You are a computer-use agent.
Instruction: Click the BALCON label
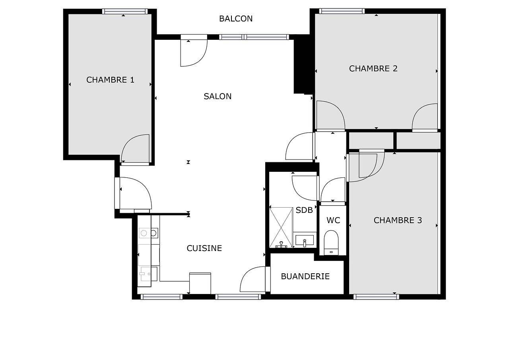(x=236, y=19)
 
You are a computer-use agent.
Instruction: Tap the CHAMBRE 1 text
(x=110, y=80)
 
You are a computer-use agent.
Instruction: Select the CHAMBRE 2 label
(x=373, y=68)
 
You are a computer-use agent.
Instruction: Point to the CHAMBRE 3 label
(x=398, y=220)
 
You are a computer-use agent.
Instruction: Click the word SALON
(x=218, y=96)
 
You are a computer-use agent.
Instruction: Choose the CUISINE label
(x=204, y=248)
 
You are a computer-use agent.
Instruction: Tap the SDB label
(x=304, y=210)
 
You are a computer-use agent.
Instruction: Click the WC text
(x=333, y=220)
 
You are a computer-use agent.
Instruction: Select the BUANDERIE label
(x=305, y=276)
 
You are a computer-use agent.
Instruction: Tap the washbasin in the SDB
(x=305, y=240)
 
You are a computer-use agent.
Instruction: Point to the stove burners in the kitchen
(x=149, y=233)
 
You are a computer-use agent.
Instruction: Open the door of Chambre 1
(x=135, y=149)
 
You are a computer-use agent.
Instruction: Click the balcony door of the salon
(x=193, y=52)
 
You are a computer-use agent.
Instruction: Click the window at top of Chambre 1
(x=125, y=12)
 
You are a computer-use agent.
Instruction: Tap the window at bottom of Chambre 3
(x=376, y=296)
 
